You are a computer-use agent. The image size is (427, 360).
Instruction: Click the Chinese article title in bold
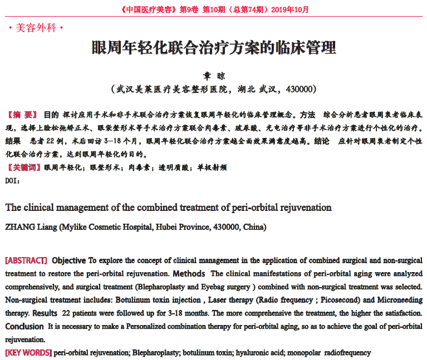coord(214,47)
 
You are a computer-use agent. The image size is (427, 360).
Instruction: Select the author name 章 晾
coord(214,76)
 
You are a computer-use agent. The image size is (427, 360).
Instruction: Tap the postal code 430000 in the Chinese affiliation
coord(301,89)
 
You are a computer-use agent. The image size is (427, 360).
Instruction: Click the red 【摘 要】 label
coord(22,115)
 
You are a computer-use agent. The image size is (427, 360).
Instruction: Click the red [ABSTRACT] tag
coord(26,260)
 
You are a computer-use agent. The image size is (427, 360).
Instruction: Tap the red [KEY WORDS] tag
coord(28,353)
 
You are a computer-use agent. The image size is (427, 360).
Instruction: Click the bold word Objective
coord(69,260)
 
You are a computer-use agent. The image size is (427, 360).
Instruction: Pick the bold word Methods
coord(189,274)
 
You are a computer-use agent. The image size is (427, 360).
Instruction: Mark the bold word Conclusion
coord(24,327)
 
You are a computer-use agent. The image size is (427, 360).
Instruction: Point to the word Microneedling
coord(396,300)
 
